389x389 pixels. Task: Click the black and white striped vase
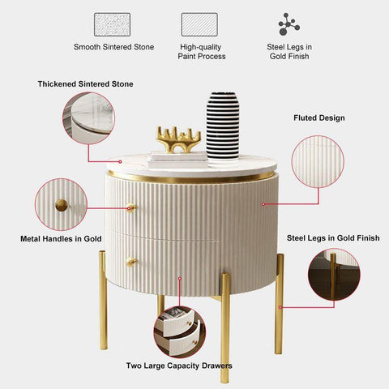click(x=223, y=126)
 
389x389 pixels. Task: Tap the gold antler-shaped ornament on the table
click(x=178, y=139)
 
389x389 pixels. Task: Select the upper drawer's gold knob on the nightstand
click(x=131, y=207)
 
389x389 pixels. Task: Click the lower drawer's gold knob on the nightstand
click(x=131, y=261)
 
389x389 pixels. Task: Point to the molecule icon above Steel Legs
click(x=289, y=24)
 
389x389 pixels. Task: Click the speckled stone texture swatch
click(x=112, y=24)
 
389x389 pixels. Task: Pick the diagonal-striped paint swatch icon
click(x=199, y=24)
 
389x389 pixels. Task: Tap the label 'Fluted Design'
click(x=319, y=118)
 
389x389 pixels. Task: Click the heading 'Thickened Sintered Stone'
click(x=85, y=84)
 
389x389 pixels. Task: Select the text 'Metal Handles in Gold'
click(x=61, y=239)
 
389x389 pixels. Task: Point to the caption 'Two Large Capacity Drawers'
click(x=179, y=365)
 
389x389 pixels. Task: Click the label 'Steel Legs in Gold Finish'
click(x=333, y=238)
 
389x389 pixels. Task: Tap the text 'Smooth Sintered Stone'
click(x=113, y=47)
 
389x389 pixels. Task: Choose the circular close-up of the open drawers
click(x=180, y=331)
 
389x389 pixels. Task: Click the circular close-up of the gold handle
click(x=61, y=204)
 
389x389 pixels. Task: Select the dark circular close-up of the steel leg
click(x=334, y=275)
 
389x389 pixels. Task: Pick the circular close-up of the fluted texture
click(x=318, y=161)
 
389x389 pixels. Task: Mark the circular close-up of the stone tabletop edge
click(x=88, y=118)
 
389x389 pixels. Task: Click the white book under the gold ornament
click(x=177, y=157)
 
